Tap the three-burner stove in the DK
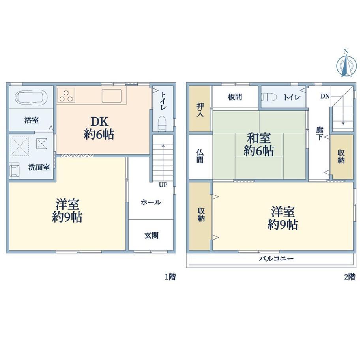pyautogui.click(x=66, y=95)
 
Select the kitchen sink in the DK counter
pyautogui.click(x=112, y=95)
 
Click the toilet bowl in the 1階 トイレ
pyautogui.click(x=163, y=123)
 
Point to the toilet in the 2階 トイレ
pyautogui.click(x=269, y=97)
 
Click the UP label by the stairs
pyautogui.click(x=163, y=185)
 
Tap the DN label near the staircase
pyautogui.click(x=325, y=96)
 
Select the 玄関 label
pyautogui.click(x=152, y=236)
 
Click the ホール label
pyautogui.click(x=151, y=202)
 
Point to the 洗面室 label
pyautogui.click(x=39, y=167)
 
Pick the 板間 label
pyautogui.click(x=235, y=97)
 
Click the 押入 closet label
pyautogui.click(x=200, y=110)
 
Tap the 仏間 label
pyautogui.click(x=200, y=156)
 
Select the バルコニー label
pyautogui.click(x=276, y=258)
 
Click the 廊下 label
pyautogui.click(x=320, y=134)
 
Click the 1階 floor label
pyautogui.click(x=170, y=277)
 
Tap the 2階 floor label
pyautogui.click(x=350, y=277)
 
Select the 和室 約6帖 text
pyautogui.click(x=259, y=145)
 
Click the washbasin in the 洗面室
pyautogui.click(x=15, y=170)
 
